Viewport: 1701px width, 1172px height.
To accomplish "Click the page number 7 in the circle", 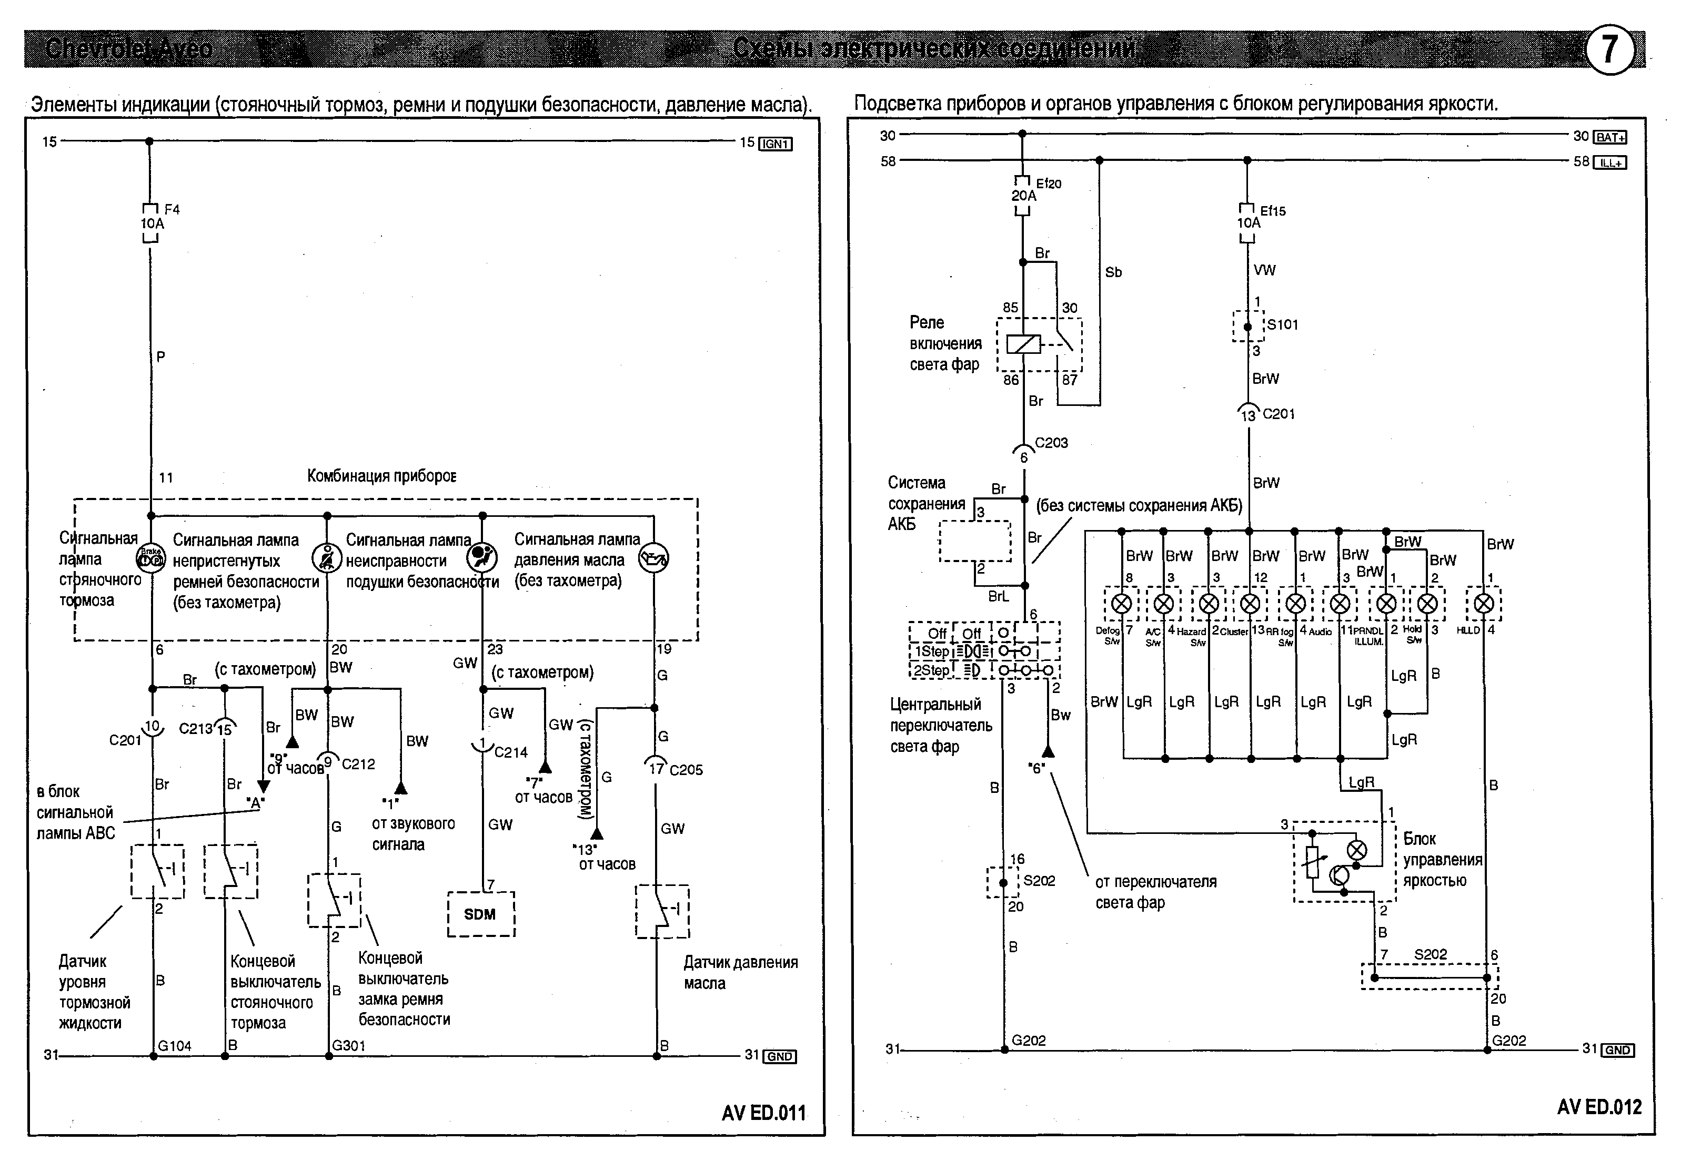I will pos(1608,50).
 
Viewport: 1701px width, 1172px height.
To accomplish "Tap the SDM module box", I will pos(480,914).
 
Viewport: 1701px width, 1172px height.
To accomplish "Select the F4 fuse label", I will pos(172,209).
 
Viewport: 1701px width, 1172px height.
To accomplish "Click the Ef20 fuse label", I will pos(1049,184).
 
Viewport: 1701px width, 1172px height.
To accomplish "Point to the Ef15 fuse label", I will pos(1273,211).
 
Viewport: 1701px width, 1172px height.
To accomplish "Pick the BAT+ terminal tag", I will pos(1610,137).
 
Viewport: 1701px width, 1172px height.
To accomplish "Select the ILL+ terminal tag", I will pos(1610,162).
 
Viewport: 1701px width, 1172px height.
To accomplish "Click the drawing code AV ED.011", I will pos(763,1113).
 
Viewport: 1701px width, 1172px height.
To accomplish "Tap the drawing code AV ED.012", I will pos(1599,1107).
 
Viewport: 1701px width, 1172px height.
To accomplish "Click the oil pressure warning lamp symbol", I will pos(653,559).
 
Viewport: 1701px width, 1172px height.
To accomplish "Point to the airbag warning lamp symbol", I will pos(482,558).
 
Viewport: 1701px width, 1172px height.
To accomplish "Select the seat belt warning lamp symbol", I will pos(327,558).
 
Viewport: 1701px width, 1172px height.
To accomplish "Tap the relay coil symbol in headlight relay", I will pos(1023,343).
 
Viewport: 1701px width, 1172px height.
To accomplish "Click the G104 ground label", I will pos(175,1046).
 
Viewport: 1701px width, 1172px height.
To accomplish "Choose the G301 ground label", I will pos(349,1045).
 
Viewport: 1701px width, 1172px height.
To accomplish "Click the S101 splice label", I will pos(1283,324).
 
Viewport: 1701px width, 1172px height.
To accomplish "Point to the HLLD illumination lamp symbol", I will pos(1484,604).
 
